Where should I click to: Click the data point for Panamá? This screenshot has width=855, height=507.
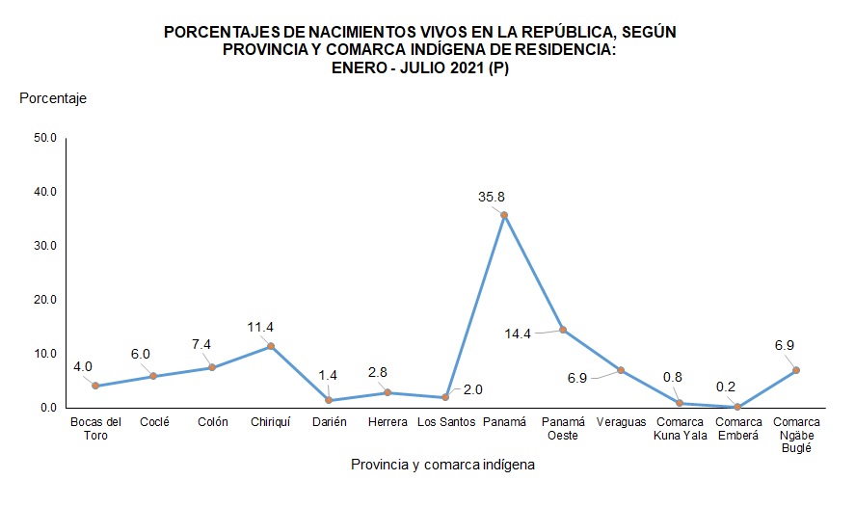tap(504, 214)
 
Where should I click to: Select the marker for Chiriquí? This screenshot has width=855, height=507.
tap(271, 346)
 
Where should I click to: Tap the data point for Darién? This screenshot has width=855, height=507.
tap(330, 400)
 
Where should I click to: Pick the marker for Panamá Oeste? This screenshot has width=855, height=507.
tap(563, 330)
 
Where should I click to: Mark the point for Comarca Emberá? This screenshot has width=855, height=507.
tap(737, 407)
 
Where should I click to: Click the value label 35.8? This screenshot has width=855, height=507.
tap(492, 197)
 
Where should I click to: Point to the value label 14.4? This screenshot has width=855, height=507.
tap(520, 334)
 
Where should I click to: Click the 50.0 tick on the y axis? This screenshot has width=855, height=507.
tap(45, 138)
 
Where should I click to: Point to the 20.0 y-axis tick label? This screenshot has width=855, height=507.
tap(45, 300)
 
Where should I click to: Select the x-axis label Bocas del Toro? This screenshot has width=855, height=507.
tap(95, 428)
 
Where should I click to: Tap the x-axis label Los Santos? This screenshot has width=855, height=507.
tap(444, 422)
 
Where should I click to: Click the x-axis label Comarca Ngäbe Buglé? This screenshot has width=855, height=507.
tap(796, 434)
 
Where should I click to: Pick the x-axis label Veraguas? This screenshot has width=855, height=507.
tap(621, 422)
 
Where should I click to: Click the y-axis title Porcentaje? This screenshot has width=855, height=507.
tap(53, 97)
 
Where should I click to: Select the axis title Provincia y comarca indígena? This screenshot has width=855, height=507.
tap(442, 465)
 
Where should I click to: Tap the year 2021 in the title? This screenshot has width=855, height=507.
tap(467, 68)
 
